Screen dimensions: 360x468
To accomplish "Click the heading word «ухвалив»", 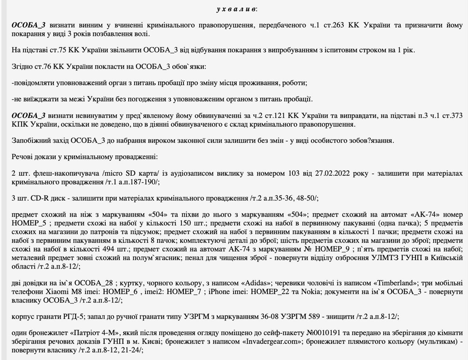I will [x=236, y=9].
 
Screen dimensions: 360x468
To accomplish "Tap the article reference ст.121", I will [x=274, y=116].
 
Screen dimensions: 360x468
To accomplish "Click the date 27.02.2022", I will [x=332, y=173].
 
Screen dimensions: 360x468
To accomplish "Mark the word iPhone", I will [x=219, y=292].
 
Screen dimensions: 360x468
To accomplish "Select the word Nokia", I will [x=311, y=292].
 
